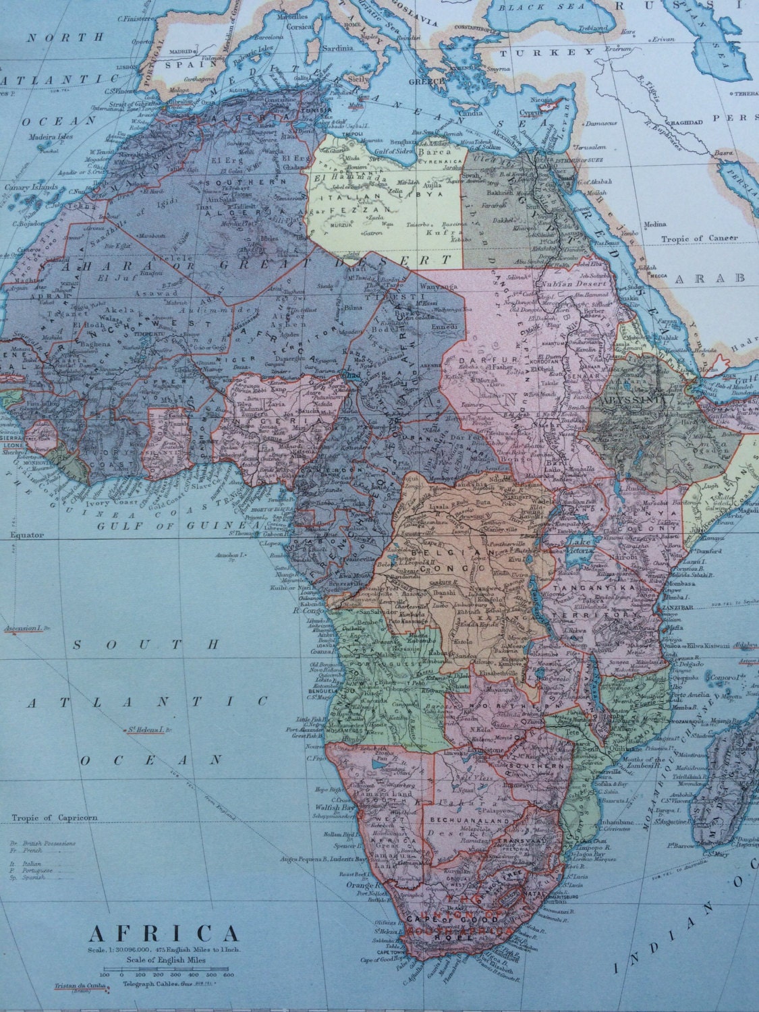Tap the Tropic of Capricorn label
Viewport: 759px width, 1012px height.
coord(51,819)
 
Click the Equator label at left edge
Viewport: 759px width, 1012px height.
coord(26,535)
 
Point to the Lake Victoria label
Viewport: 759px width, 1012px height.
coord(580,546)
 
